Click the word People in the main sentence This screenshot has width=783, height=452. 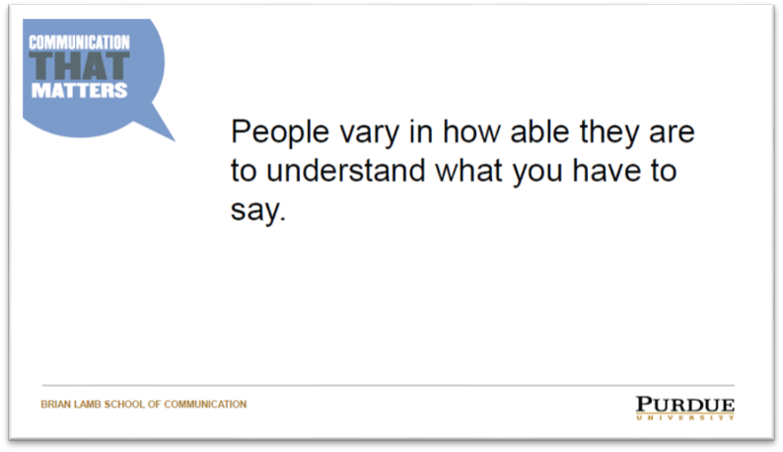tap(280, 133)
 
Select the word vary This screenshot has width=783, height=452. tap(370, 135)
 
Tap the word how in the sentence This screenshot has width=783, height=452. tap(472, 131)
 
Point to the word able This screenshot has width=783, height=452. tap(539, 131)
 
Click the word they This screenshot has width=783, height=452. tap(609, 134)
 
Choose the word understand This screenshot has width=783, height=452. tap(345, 171)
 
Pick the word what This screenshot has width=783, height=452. tap(468, 171)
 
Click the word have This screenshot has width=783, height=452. tap(606, 171)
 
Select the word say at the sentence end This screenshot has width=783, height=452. tap(254, 212)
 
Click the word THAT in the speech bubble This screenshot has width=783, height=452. tap(79, 66)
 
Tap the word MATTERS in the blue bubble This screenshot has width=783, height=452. tap(80, 91)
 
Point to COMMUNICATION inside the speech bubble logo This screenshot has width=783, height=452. tap(79, 42)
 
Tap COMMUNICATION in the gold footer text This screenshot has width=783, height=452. tap(205, 404)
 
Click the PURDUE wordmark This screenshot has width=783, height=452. tap(685, 405)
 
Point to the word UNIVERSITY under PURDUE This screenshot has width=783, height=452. tap(685, 417)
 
